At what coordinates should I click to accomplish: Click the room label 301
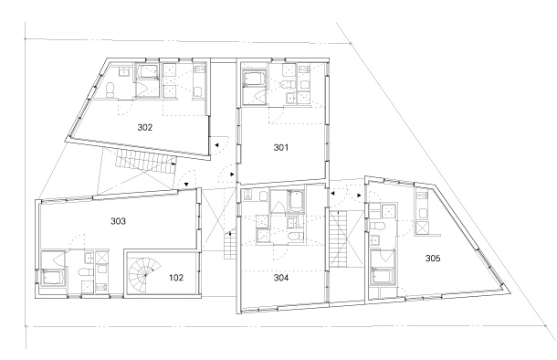click(281, 147)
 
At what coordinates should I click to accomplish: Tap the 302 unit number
click(145, 127)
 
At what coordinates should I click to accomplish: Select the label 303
click(118, 221)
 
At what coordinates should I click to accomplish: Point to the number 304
click(281, 278)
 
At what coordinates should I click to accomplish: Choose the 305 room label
click(433, 259)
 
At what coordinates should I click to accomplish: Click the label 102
click(176, 278)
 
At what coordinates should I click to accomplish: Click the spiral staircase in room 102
click(144, 274)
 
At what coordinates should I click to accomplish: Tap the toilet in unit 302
click(110, 90)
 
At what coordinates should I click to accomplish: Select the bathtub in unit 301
click(254, 79)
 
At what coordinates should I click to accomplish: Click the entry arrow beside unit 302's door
click(216, 145)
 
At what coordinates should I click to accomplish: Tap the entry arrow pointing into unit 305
click(359, 196)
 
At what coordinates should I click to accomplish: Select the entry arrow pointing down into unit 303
click(186, 184)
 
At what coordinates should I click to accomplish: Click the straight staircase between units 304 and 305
click(338, 239)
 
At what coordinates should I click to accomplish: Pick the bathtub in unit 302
click(147, 71)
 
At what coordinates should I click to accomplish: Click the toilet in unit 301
click(288, 85)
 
